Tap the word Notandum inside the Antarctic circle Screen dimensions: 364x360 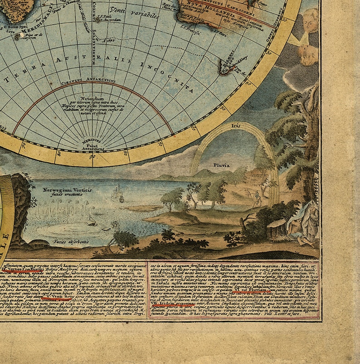pos(93,98)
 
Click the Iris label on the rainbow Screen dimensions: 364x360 pos(234,125)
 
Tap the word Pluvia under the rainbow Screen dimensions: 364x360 pos(222,165)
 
